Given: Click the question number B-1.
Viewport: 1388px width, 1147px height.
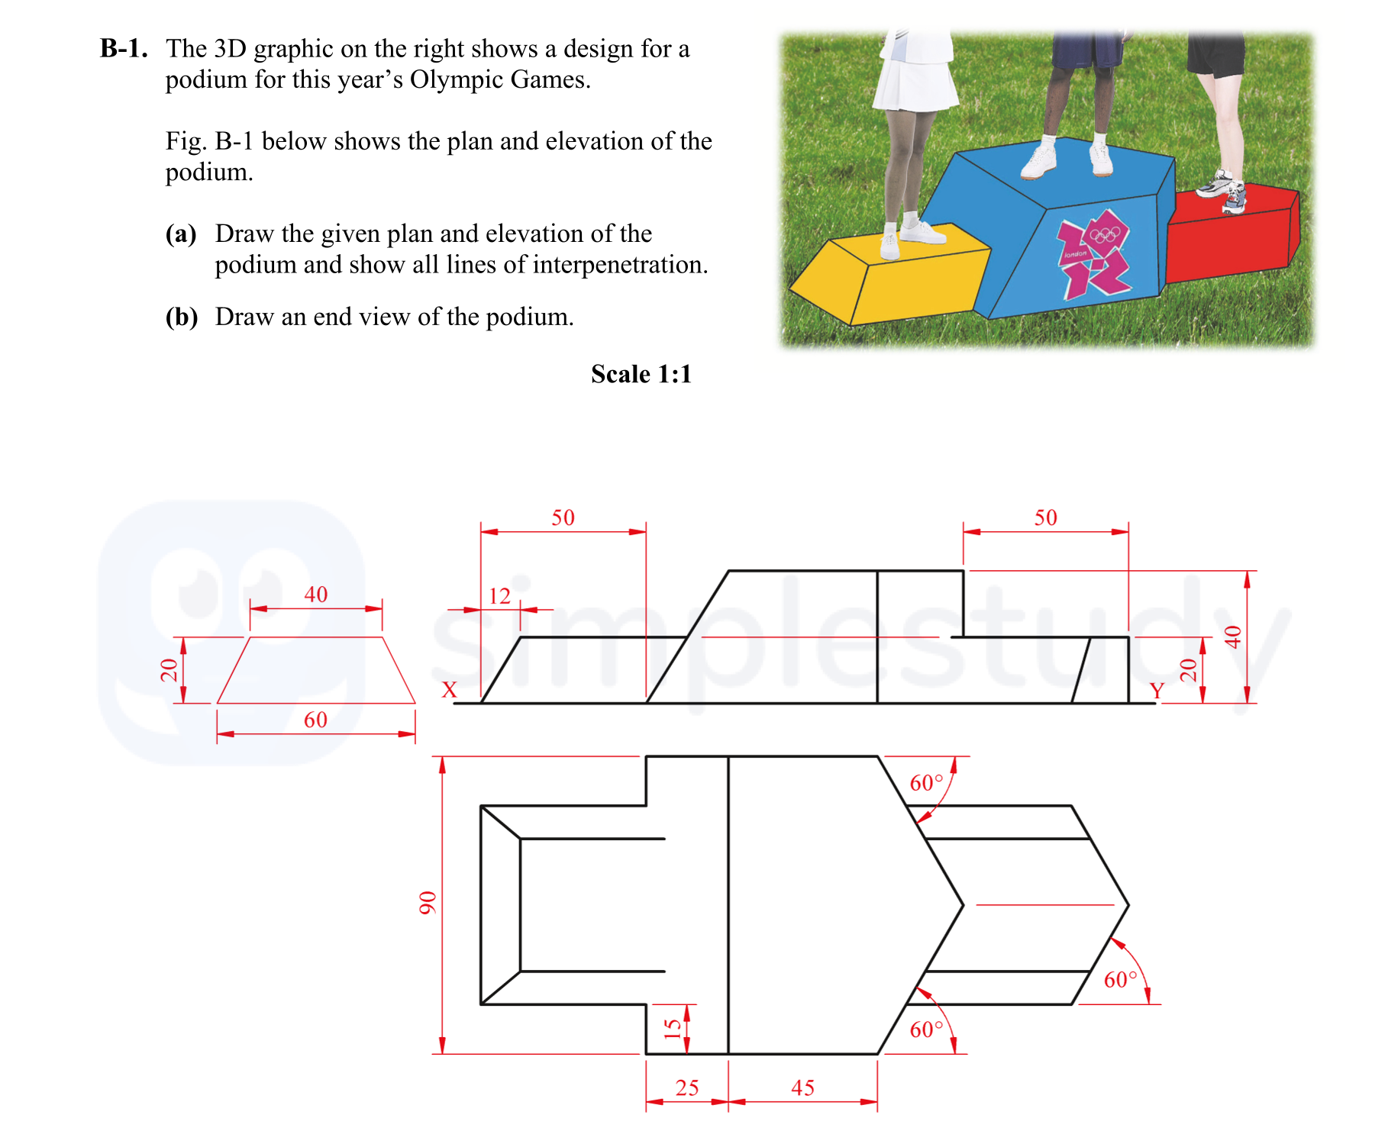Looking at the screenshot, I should pos(123,49).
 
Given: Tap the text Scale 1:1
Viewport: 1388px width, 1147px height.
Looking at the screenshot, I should pos(641,374).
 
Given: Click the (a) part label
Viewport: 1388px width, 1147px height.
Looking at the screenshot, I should pos(181,234).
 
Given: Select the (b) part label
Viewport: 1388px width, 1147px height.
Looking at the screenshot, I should pos(182,317).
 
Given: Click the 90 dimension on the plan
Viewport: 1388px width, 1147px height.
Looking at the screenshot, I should pos(427,903).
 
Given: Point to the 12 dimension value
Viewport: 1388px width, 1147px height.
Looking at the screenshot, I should pos(499,596).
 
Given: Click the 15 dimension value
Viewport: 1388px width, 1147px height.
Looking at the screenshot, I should pos(672,1029).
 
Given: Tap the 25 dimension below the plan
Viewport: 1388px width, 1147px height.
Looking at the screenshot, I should pos(686,1087).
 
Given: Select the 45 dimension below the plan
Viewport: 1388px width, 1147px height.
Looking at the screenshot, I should pos(802,1087).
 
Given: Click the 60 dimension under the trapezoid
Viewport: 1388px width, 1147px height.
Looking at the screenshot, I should pos(315,720).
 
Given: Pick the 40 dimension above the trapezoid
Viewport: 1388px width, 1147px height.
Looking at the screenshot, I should pos(315,594).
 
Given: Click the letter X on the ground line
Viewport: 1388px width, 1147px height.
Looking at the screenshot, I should pos(449,690).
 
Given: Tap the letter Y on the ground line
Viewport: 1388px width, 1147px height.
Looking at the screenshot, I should pos(1157,691).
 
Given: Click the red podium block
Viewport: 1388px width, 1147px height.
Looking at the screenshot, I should pos(1229,233).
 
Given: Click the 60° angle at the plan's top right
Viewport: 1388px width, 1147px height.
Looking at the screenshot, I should pos(926,783).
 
